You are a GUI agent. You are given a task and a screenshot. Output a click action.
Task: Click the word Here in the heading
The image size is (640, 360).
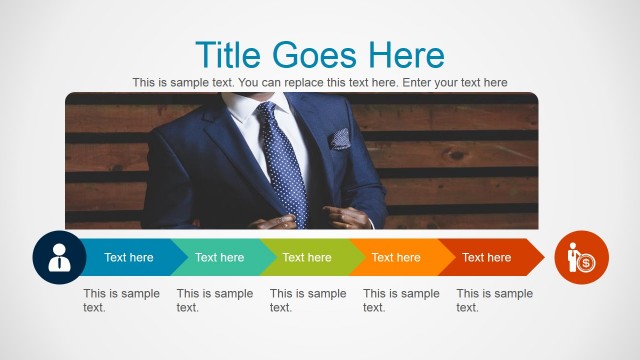pyautogui.click(x=405, y=54)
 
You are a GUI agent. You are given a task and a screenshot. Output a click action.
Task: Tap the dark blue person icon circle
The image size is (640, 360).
pyautogui.click(x=59, y=257)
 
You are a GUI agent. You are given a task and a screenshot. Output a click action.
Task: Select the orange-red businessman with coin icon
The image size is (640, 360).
pyautogui.click(x=581, y=257)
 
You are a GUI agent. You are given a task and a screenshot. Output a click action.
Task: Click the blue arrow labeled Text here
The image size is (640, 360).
pyautogui.click(x=129, y=257)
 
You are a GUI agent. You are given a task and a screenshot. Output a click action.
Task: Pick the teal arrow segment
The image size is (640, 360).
pyautogui.click(x=219, y=257)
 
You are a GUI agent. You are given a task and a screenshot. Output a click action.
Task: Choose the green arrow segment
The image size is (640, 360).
pyautogui.click(x=307, y=257)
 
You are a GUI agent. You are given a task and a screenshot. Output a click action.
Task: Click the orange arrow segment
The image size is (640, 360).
pyautogui.click(x=396, y=257)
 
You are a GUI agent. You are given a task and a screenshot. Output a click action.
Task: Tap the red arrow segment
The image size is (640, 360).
pyautogui.click(x=487, y=257)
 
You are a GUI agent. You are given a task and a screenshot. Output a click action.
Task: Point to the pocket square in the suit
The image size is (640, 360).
pyautogui.click(x=341, y=138)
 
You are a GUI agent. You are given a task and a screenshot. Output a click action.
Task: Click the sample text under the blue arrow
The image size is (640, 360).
pyautogui.click(x=121, y=300)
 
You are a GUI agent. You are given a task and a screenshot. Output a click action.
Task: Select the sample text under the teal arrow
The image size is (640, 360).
pyautogui.click(x=214, y=300)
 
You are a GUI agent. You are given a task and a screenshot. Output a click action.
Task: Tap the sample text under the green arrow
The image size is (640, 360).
pyautogui.click(x=308, y=300)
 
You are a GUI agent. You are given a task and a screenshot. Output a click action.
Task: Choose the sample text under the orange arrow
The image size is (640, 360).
pyautogui.click(x=401, y=300)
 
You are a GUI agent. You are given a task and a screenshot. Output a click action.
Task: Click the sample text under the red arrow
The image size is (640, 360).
pyautogui.click(x=494, y=300)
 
